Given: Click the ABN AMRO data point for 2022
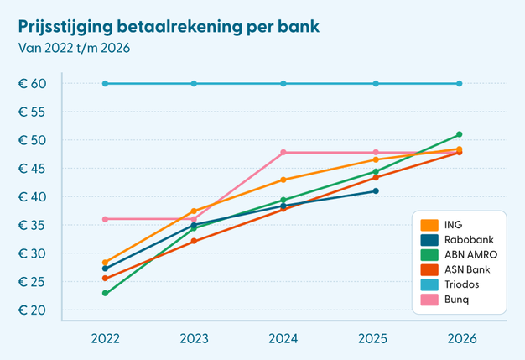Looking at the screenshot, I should point(105,293).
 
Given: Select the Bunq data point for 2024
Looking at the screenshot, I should point(283,152).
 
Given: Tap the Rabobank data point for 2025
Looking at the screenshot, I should point(376,190).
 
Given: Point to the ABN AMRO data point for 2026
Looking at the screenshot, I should point(460,134).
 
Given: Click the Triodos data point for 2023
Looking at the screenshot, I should point(194,83).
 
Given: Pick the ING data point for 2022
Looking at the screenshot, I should point(105,263).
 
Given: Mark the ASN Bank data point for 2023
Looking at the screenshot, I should point(194,241).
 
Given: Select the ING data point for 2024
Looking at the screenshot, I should point(283,180).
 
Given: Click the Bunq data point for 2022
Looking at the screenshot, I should point(105,219).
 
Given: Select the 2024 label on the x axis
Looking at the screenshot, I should point(283,338).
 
